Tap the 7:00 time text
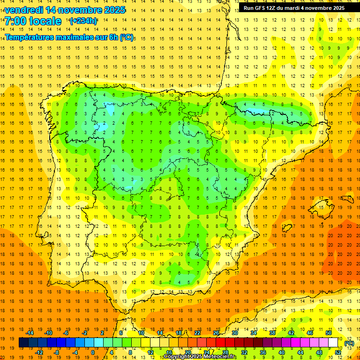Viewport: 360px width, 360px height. tap(15, 21)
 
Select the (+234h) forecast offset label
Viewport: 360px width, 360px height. tap(83, 21)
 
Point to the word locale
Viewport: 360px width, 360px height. tap(45, 21)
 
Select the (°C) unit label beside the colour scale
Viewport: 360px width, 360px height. tap(349, 343)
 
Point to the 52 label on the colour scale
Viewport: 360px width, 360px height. tap(338, 352)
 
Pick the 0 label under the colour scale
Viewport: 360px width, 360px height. tap(93, 352)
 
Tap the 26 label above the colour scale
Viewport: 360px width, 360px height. tap(216, 333)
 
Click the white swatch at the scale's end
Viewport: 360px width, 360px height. tap(333, 343)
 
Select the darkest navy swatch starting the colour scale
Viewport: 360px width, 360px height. tap(24, 343)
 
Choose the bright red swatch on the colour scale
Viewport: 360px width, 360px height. tap(221, 343)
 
